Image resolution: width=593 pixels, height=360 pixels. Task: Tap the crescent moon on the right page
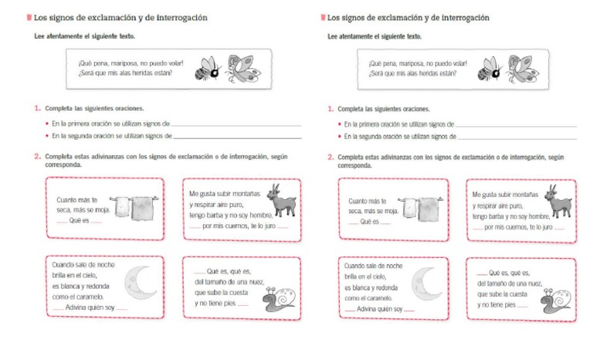click(425, 284)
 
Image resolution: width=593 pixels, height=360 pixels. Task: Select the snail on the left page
click(279, 300)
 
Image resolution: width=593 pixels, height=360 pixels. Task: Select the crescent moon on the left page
click(141, 284)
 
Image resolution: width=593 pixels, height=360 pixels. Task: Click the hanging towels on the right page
click(421, 207)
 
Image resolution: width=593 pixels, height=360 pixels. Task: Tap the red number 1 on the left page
click(36, 109)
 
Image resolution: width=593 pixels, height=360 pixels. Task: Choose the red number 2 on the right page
click(330, 157)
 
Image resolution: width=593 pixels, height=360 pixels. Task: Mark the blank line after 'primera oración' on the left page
click(236, 124)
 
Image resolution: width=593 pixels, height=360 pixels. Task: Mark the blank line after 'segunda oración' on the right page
click(517, 137)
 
